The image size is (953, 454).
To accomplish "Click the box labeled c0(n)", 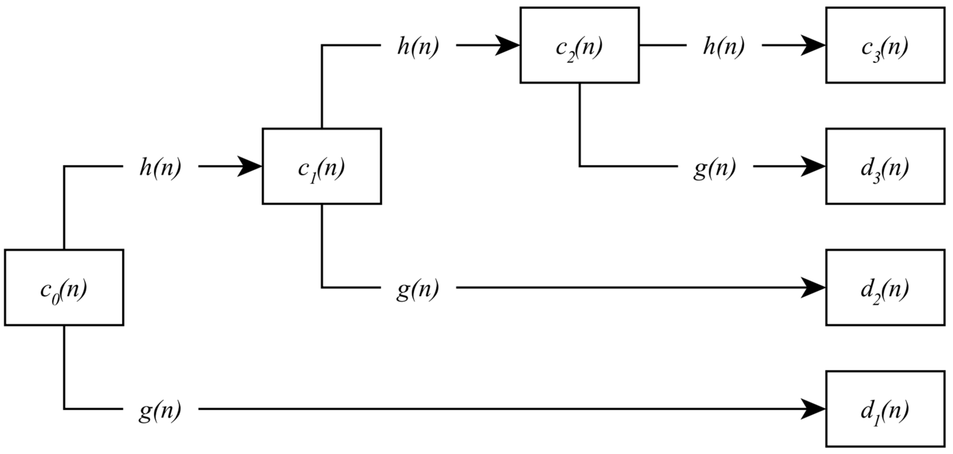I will coord(64,287).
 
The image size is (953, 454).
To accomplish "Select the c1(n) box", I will coord(321,166).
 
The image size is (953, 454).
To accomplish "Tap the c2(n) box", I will coord(579,45).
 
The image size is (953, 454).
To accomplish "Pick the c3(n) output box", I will coord(885,45).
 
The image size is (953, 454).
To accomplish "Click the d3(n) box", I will coord(885,166).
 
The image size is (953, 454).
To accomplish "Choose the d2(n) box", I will coord(885,287).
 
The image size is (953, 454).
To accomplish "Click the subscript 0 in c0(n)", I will coord(56,299).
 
